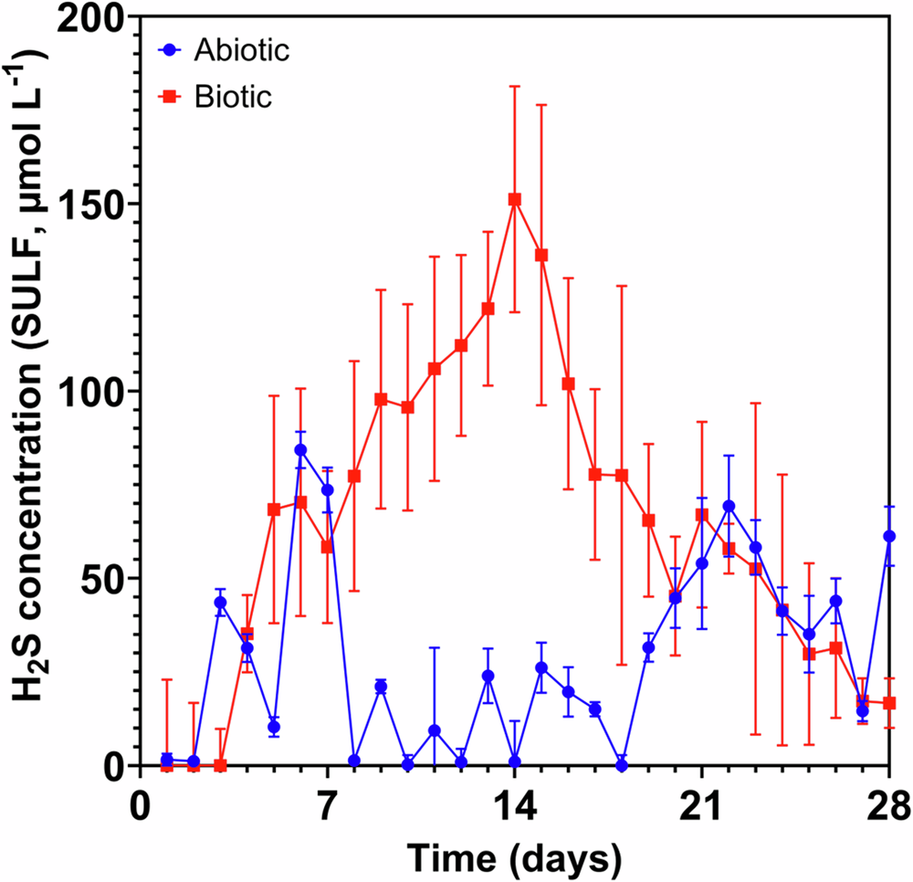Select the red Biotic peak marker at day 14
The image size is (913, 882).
(x=515, y=199)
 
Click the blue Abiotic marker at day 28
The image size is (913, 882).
(x=889, y=536)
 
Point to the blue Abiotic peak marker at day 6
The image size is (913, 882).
(x=300, y=449)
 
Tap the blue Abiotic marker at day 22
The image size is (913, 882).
(x=729, y=506)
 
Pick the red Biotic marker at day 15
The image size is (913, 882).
(x=541, y=255)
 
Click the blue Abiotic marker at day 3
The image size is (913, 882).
(x=220, y=603)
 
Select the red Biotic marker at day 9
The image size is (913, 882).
(x=381, y=399)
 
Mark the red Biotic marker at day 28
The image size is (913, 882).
(x=889, y=703)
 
